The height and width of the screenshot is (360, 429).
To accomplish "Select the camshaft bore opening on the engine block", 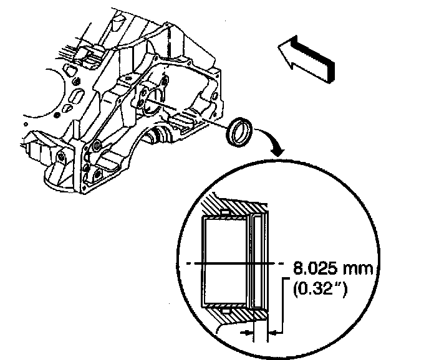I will (x=149, y=99).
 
